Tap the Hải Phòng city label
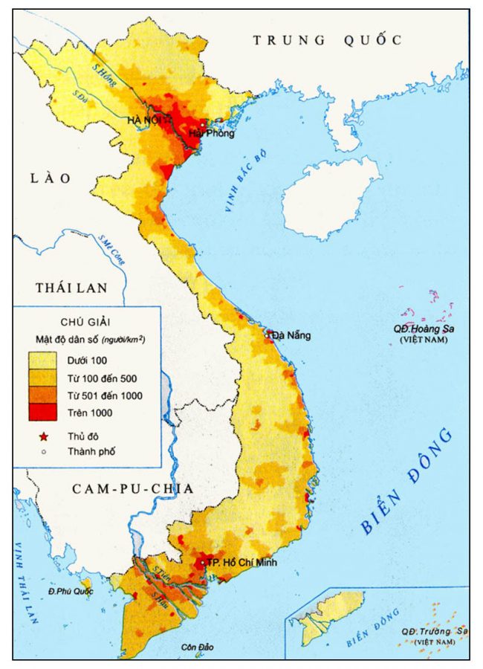(x=212, y=134)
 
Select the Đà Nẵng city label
(x=291, y=335)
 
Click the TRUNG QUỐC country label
(x=327, y=40)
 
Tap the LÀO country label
(x=51, y=178)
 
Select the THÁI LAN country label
(x=71, y=288)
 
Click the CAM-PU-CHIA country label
(x=133, y=488)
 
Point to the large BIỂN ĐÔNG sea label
(x=409, y=481)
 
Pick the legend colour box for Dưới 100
(x=43, y=361)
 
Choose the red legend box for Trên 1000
(x=43, y=412)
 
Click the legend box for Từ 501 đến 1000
(x=43, y=395)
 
